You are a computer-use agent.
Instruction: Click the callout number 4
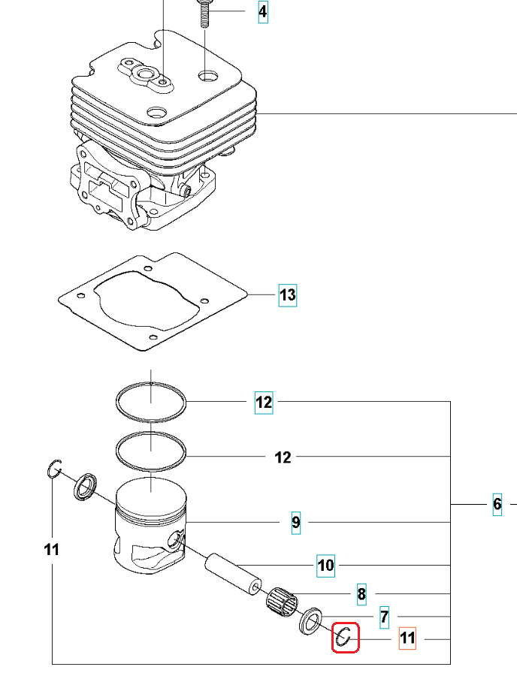point(262,12)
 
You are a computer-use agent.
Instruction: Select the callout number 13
point(288,295)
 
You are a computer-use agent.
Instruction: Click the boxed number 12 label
point(264,403)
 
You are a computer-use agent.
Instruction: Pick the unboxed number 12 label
point(283,457)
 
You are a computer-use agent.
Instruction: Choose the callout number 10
point(325,565)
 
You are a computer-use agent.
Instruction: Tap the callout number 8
point(361,595)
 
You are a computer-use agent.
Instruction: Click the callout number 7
point(384,617)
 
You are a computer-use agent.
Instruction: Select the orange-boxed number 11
point(407,638)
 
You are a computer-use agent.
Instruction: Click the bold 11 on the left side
point(51,550)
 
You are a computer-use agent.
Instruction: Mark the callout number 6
point(497,504)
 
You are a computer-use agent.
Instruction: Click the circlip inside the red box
point(346,637)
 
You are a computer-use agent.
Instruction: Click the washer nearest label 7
point(310,621)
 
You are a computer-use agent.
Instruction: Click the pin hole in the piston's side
point(178,538)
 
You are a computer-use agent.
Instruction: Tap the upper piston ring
point(151,402)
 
